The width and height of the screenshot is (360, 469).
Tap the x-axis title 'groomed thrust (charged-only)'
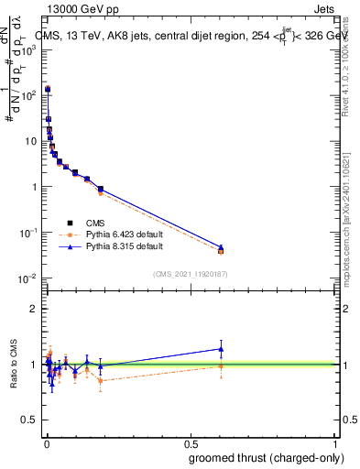coord(267,458)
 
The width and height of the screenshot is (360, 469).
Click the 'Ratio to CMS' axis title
coord(13,365)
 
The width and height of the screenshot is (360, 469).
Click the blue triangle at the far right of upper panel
coord(221,247)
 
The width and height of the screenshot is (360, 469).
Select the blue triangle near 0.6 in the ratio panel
coord(221,348)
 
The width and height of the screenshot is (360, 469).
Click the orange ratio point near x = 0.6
coord(221,366)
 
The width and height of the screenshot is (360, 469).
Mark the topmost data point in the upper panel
coord(48,89)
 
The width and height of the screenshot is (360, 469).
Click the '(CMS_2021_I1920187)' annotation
coord(190,273)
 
